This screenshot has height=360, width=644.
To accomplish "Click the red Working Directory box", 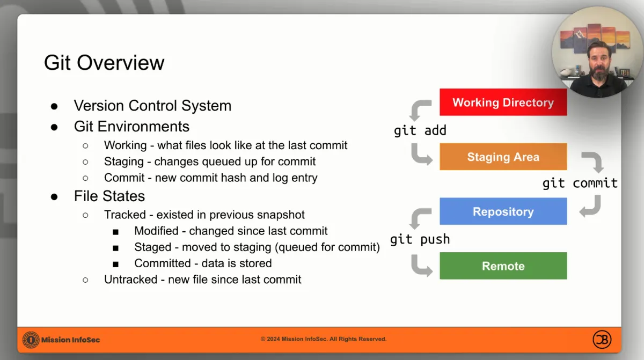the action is [503, 102].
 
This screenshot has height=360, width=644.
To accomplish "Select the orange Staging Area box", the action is [503, 157].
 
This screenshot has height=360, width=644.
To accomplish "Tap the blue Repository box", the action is [503, 211].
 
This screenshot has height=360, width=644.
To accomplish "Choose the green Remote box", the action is [503, 266].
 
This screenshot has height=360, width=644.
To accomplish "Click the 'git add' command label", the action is [420, 131].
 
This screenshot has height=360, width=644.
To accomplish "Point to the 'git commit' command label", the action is [580, 183].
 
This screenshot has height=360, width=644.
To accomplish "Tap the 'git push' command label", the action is [420, 239].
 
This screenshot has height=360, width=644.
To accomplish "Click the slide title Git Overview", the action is [104, 63].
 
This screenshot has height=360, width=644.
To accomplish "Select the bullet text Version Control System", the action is [152, 106].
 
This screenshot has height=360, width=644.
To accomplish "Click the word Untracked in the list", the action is [130, 280].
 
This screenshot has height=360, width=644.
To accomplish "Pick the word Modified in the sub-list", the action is [156, 231].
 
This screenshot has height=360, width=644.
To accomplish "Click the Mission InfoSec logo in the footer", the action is [31, 340].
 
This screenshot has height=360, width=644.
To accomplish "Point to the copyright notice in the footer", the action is [324, 339].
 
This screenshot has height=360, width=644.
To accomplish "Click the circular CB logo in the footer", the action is [602, 340].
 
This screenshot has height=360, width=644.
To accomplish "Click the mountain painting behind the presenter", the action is [595, 38].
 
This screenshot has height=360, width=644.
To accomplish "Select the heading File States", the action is [109, 196].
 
